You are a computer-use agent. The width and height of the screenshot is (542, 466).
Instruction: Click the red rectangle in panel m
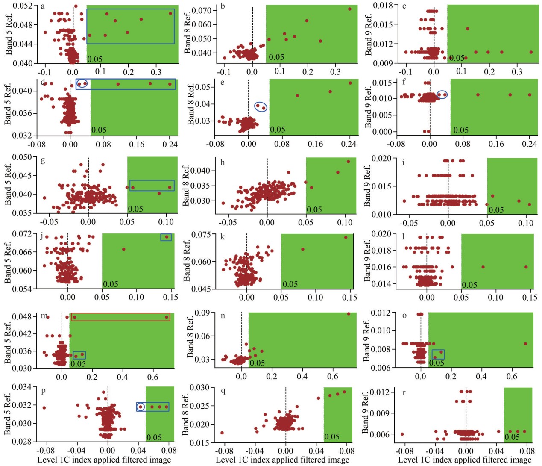point(120,317)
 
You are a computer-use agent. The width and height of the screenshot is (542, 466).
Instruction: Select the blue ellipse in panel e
point(261,106)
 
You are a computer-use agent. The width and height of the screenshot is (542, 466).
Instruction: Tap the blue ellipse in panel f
point(442,95)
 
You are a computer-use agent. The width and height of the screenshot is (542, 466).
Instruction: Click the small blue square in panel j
point(166,237)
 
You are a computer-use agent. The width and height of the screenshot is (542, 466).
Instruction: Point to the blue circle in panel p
point(141,407)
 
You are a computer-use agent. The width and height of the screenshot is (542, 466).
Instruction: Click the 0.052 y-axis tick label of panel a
point(22,6)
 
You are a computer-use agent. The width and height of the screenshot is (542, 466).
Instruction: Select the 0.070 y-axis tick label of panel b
point(202,10)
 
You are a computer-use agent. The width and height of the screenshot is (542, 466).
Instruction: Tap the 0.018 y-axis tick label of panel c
point(383,6)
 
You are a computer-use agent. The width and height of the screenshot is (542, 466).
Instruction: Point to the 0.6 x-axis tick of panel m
point(153,377)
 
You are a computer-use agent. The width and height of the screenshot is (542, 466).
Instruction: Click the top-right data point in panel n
point(349,314)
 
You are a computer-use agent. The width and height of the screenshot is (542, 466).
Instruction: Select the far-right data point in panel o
point(525,344)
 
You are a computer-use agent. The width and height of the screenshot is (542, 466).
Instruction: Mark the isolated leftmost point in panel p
point(44,408)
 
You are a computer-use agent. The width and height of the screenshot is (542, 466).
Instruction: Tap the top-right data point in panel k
point(346,237)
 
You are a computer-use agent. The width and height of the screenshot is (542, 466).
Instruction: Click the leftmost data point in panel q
point(222,433)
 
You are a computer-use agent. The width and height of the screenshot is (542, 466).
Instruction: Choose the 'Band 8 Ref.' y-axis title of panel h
point(186,186)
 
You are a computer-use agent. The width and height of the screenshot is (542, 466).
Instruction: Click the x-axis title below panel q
point(282,460)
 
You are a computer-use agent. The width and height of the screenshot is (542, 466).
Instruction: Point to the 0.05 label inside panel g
point(135,209)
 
